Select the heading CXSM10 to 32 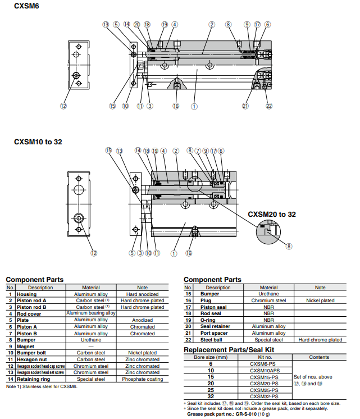coord(38,142)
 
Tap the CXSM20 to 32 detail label coord(272,214)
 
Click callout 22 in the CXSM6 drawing coord(269,106)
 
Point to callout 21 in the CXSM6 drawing coord(245,106)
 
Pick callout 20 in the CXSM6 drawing coord(136,25)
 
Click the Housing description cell coord(26,294)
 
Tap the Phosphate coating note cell coord(143,379)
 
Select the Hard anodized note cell coord(143,294)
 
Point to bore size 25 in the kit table coord(211,390)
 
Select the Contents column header coord(319,357)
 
